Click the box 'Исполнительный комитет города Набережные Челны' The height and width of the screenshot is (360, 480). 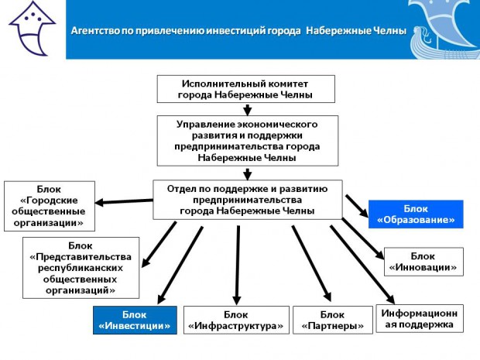[247, 89]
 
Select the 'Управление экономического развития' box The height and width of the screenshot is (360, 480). [247, 140]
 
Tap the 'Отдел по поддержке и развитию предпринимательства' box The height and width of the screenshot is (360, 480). [247, 199]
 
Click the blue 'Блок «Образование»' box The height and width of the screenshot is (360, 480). [415, 214]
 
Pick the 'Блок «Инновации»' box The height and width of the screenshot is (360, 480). [423, 262]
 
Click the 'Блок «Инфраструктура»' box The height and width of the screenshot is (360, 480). [236, 320]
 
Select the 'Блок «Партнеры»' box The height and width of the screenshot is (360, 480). [332, 320]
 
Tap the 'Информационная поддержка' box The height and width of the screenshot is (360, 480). [421, 318]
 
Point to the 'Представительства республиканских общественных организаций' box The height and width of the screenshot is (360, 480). [81, 267]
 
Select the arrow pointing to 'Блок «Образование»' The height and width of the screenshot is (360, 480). [356, 204]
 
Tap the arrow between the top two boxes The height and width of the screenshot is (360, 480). [247, 108]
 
